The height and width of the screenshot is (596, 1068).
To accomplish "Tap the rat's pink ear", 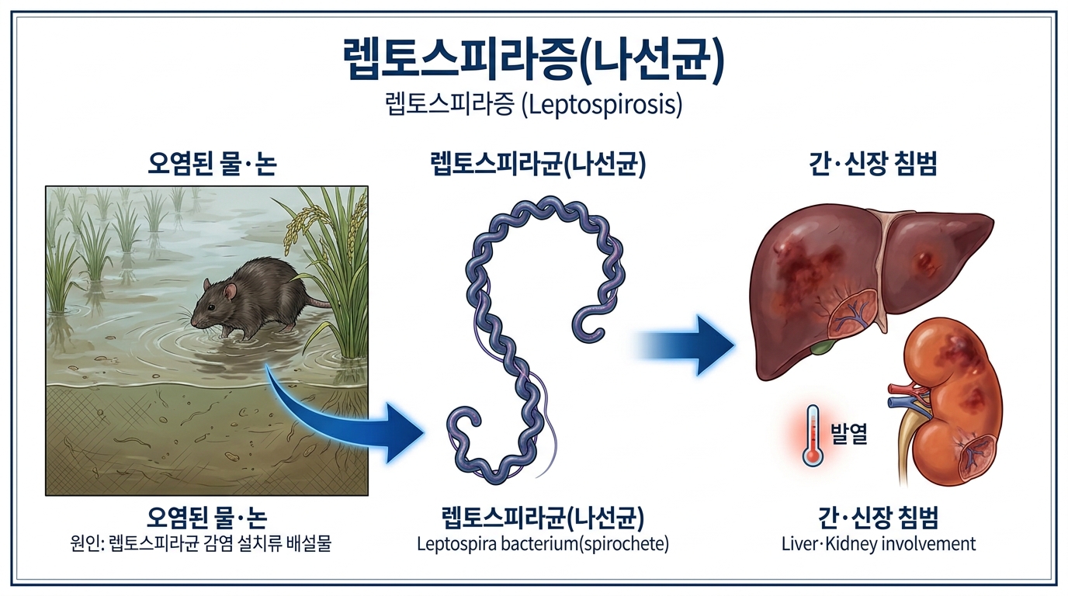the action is coord(231,291).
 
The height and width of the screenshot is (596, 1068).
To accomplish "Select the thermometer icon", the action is coord(812,435).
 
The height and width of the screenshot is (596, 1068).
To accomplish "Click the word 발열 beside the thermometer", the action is coord(848,434).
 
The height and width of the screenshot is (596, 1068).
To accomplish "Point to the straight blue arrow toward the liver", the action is coord(687,345).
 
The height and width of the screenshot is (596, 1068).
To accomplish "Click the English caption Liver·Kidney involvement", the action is coord(879,544).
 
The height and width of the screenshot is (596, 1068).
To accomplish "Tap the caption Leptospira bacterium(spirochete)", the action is coord(543,544).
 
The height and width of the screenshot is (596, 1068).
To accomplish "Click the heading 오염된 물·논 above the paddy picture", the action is coord(212,164).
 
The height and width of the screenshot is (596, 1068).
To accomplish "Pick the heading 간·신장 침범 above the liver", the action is coord(873,164).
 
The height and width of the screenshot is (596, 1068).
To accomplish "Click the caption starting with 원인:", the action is coord(200,543).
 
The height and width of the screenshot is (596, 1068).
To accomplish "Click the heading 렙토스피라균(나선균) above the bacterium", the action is coord(538,164).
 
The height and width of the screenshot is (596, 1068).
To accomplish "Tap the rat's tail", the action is coord(317,301).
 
